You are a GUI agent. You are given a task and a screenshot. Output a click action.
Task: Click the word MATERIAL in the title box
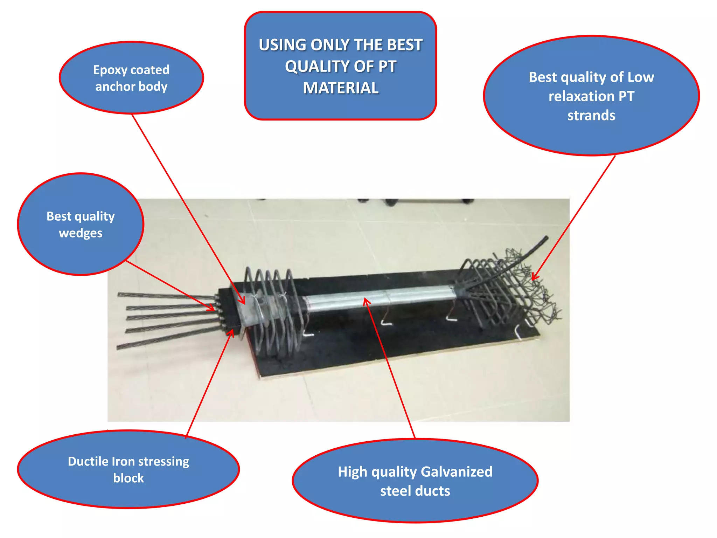341,88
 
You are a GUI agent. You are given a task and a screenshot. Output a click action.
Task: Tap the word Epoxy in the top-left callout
110,70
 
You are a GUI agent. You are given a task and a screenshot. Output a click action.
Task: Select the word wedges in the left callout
81,234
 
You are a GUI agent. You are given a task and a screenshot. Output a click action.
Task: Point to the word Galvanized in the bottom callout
457,472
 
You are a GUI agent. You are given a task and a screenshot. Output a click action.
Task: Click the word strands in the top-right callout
591,115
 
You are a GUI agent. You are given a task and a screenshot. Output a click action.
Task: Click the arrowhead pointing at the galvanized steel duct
366,301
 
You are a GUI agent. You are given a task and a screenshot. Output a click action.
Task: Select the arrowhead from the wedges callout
211,308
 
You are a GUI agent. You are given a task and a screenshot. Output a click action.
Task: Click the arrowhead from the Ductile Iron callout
231,333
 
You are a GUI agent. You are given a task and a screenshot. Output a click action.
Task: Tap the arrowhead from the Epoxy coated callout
242,300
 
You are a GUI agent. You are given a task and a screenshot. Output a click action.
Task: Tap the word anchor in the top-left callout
115,87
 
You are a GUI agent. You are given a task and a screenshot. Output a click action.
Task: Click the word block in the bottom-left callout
128,478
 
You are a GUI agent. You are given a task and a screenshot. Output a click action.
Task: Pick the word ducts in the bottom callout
433,491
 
